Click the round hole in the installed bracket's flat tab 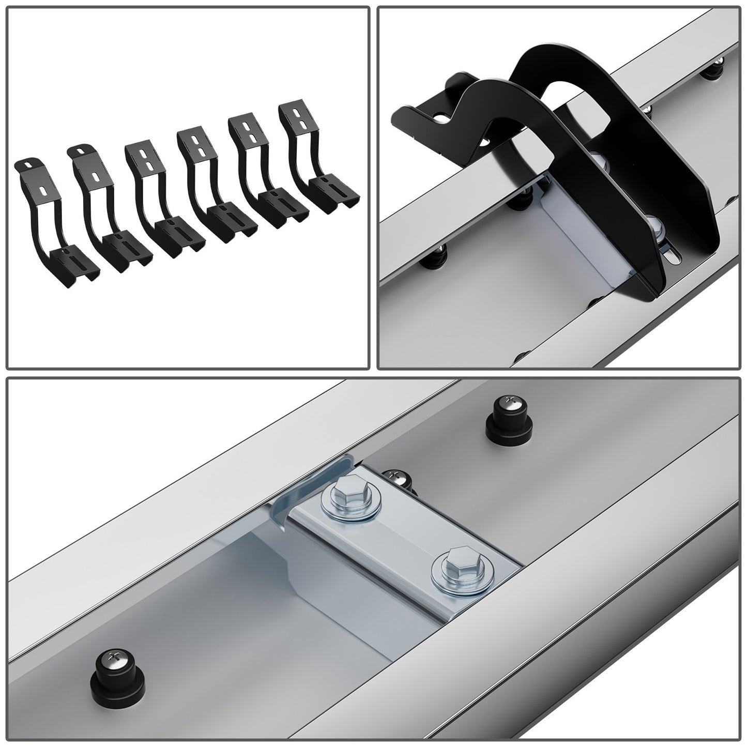(x=440, y=118)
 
